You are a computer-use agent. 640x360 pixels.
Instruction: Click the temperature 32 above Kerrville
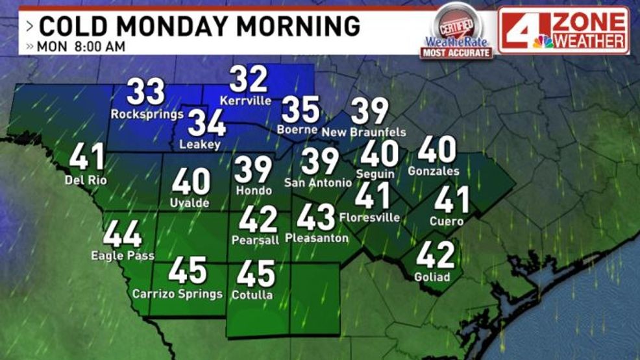click(249, 80)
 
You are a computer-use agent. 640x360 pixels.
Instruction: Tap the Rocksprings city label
click(146, 114)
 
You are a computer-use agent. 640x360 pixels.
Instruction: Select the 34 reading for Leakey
click(206, 123)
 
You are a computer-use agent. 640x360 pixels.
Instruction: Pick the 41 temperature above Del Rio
click(88, 157)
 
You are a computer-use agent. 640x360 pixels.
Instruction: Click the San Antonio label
click(318, 184)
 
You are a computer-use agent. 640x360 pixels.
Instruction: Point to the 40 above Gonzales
click(437, 149)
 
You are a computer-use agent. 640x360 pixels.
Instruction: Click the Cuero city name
click(447, 221)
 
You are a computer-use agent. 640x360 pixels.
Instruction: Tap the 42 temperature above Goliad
click(434, 255)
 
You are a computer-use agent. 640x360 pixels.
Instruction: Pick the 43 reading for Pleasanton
click(316, 217)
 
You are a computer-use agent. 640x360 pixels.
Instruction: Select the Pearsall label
click(255, 240)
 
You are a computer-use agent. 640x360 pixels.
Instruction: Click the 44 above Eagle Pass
click(123, 234)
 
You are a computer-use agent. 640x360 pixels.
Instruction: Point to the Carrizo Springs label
click(177, 294)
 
